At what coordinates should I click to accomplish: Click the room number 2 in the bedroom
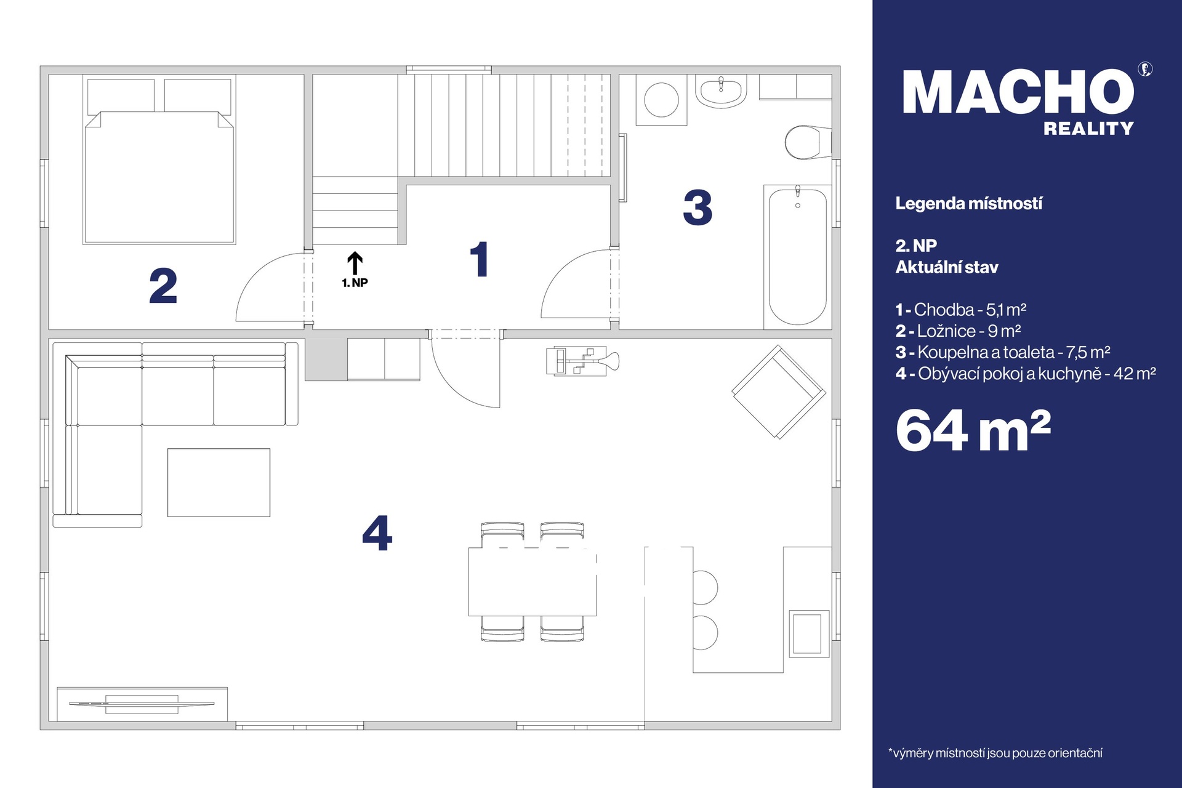[x=163, y=286]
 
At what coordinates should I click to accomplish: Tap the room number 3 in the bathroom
[x=698, y=207]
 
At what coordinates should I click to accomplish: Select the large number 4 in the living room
[x=377, y=533]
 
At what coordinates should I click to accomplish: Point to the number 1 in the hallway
[x=480, y=259]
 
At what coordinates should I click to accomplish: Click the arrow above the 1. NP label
[x=355, y=263]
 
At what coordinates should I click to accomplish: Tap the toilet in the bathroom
[x=808, y=142]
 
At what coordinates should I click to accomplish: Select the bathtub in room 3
[x=798, y=256]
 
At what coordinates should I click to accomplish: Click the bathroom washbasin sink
[x=721, y=91]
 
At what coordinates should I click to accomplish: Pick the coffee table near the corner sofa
[x=219, y=483]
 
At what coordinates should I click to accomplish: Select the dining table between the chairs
[x=533, y=582]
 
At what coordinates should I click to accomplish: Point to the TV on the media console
[x=142, y=703]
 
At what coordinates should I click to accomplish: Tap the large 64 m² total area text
[x=973, y=431]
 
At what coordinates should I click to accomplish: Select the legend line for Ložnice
[x=959, y=331]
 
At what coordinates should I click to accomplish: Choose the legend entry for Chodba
[x=961, y=310]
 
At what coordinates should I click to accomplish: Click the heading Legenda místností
[x=969, y=204]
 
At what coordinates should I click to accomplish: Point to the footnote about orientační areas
[x=995, y=753]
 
